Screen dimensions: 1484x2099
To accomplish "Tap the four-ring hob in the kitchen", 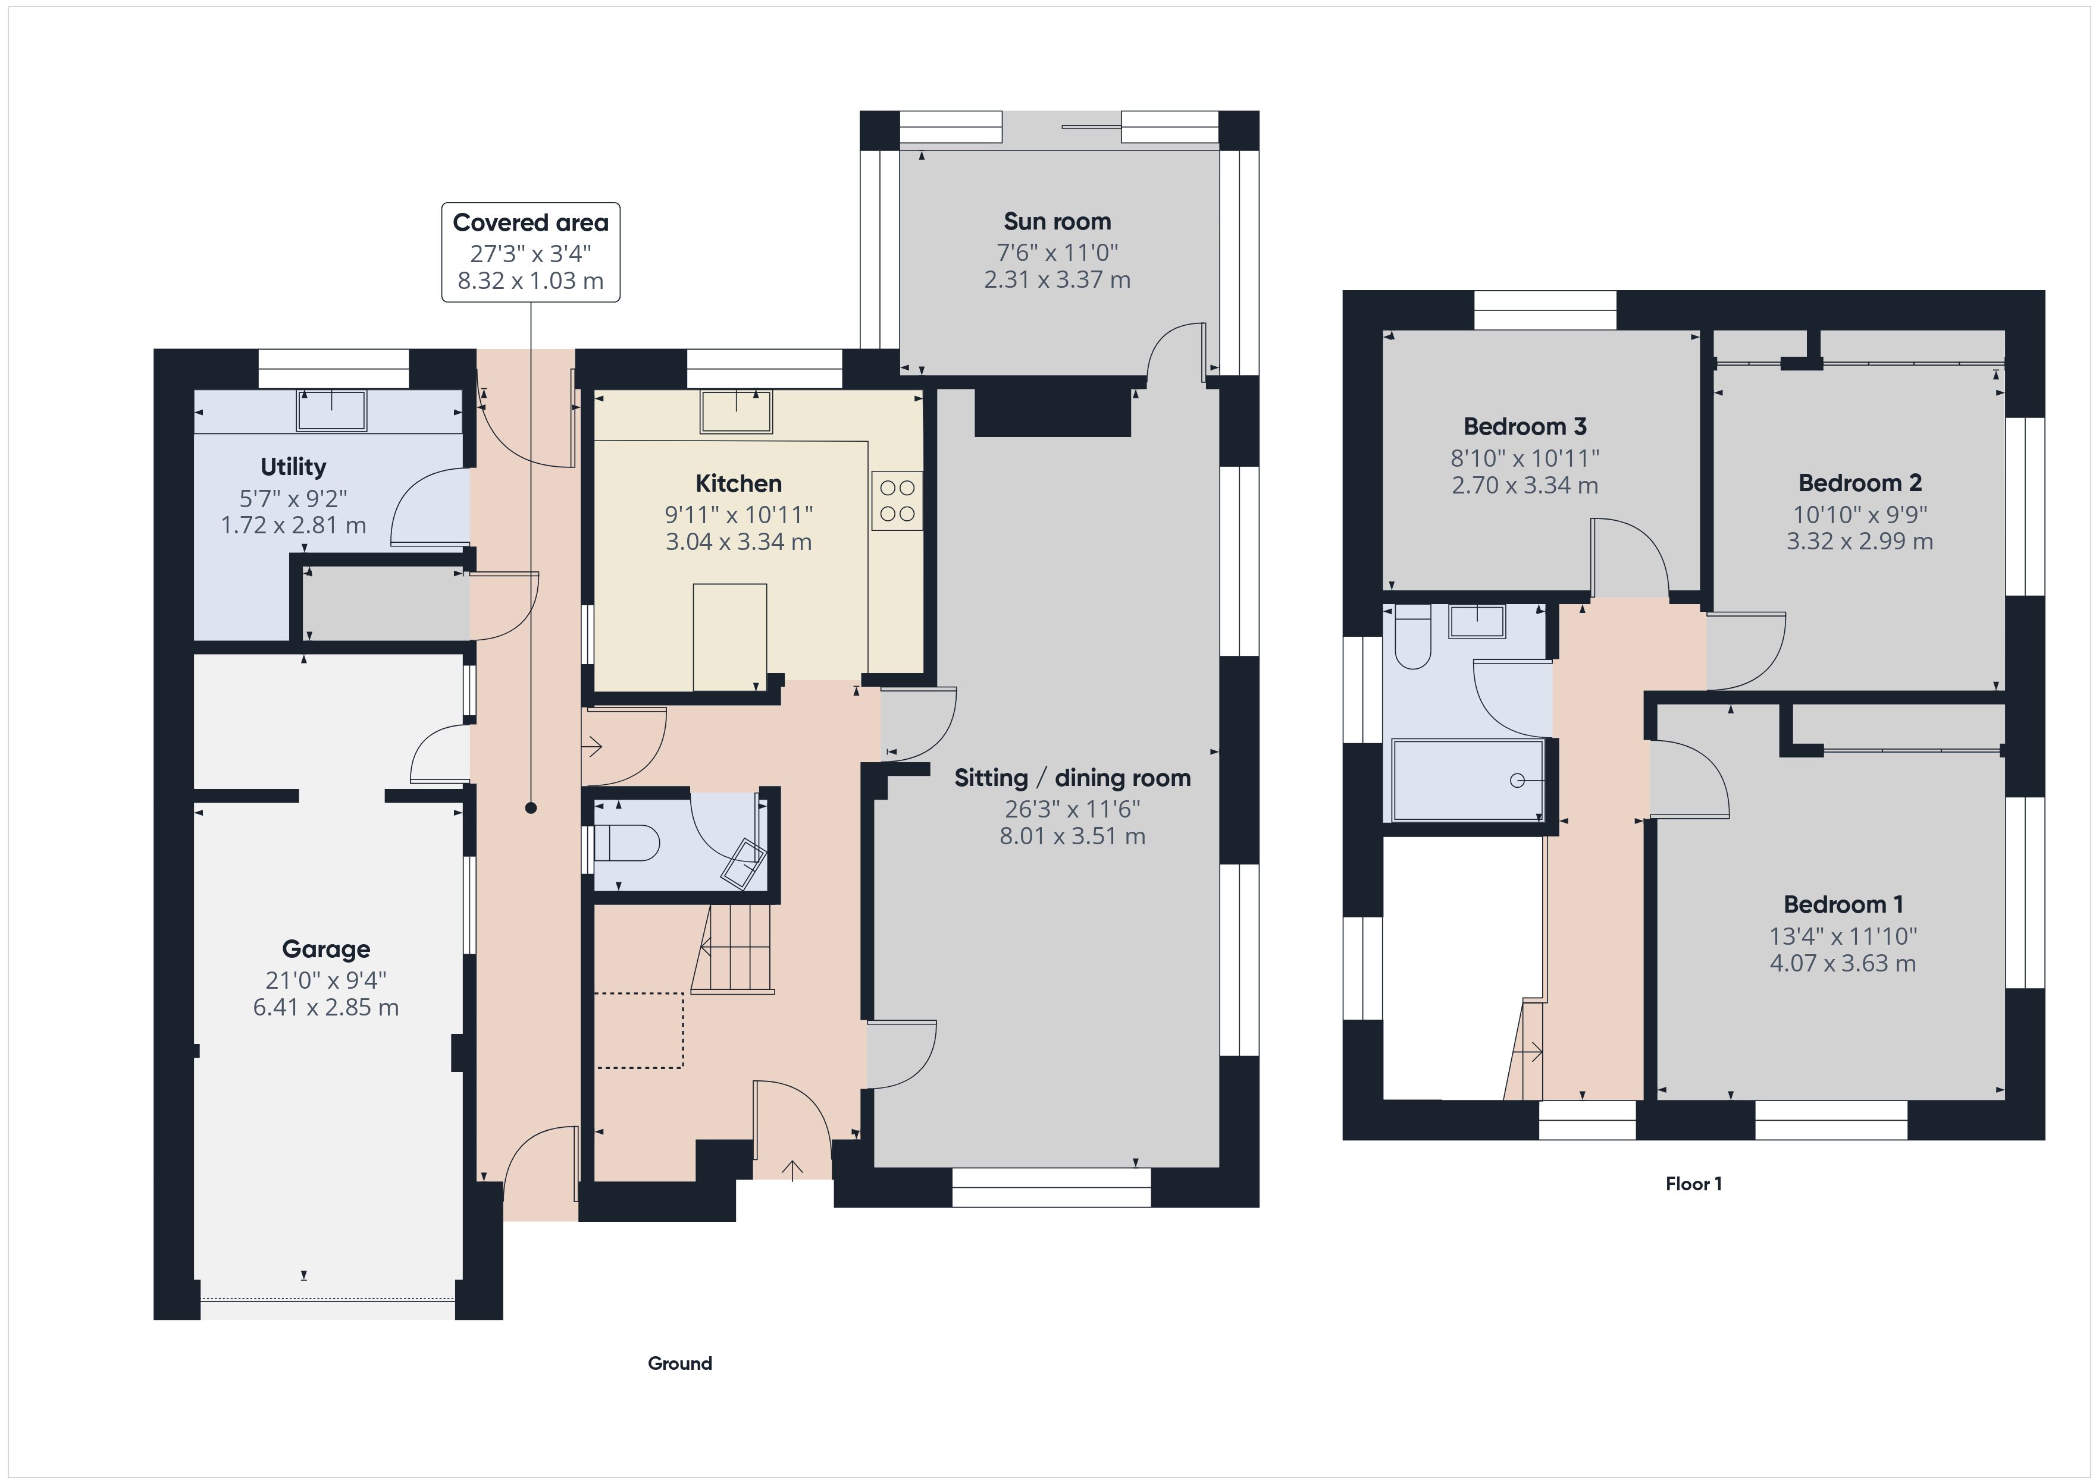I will click(x=897, y=501).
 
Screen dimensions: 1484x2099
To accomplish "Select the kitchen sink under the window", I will click(x=736, y=411).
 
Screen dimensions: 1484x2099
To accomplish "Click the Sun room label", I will click(x=1057, y=222).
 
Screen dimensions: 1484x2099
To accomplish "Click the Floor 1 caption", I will click(x=1693, y=1184).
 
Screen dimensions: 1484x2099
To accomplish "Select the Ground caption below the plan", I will click(x=679, y=1363).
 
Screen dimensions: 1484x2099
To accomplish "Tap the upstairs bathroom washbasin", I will click(x=1477, y=621).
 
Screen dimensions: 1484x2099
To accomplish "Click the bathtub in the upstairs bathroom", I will click(x=1467, y=779).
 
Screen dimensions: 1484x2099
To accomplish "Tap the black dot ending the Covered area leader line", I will click(x=531, y=808).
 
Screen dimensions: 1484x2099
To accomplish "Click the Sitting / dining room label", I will click(x=1072, y=778).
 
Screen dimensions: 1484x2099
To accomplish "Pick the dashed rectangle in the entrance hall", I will click(x=638, y=1031).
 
